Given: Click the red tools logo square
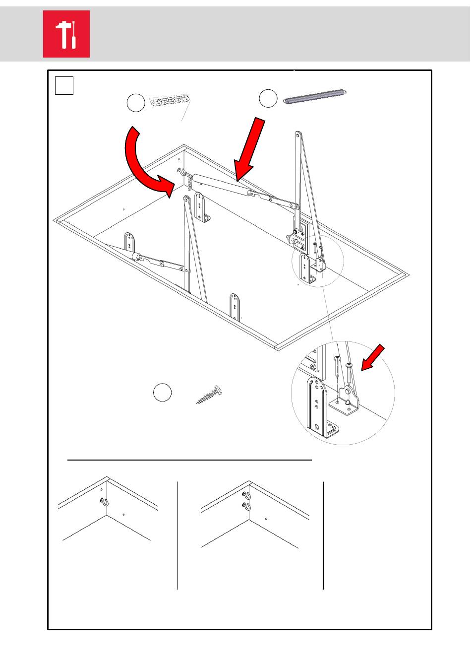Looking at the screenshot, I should point(66,34).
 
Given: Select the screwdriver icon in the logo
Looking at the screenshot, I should point(73,36).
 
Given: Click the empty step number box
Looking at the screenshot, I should point(64,85).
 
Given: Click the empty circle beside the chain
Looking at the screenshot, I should point(136,103).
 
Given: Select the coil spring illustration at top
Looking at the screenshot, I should point(314,96).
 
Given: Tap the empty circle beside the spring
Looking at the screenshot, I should point(268,98).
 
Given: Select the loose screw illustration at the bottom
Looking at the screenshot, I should point(209,395).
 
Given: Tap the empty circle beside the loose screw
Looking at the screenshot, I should point(162,393).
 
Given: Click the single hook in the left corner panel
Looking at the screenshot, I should point(103,502).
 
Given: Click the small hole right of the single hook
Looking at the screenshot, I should point(123,514).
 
